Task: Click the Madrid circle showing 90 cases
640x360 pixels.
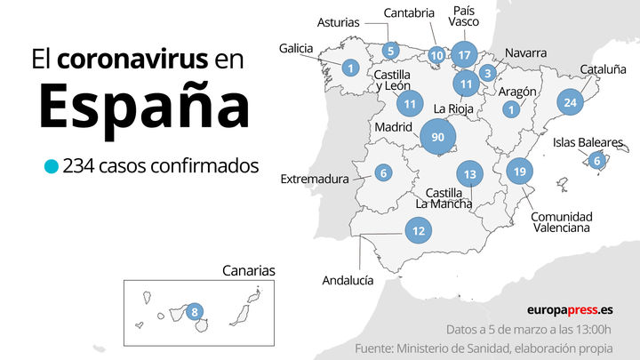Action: click(437, 137)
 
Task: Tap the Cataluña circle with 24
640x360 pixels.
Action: click(571, 102)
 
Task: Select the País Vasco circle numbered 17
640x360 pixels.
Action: click(464, 54)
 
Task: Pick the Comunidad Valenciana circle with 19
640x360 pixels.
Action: click(520, 171)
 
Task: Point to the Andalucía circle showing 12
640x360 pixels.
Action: click(418, 231)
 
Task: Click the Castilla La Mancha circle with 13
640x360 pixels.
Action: click(470, 174)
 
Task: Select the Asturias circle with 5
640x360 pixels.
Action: click(390, 51)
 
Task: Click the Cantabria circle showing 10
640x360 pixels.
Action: click(436, 55)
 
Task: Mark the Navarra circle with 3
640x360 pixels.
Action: click(487, 73)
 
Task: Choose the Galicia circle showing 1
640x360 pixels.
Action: click(351, 67)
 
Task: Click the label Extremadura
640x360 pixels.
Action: click(315, 179)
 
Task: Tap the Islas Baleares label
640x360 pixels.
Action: click(588, 141)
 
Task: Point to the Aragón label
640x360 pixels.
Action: click(517, 92)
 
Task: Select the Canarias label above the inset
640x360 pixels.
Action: click(249, 270)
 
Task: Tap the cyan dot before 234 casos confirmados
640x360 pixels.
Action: click(52, 165)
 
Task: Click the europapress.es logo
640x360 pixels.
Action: click(569, 310)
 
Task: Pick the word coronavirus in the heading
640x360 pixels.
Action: click(133, 60)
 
